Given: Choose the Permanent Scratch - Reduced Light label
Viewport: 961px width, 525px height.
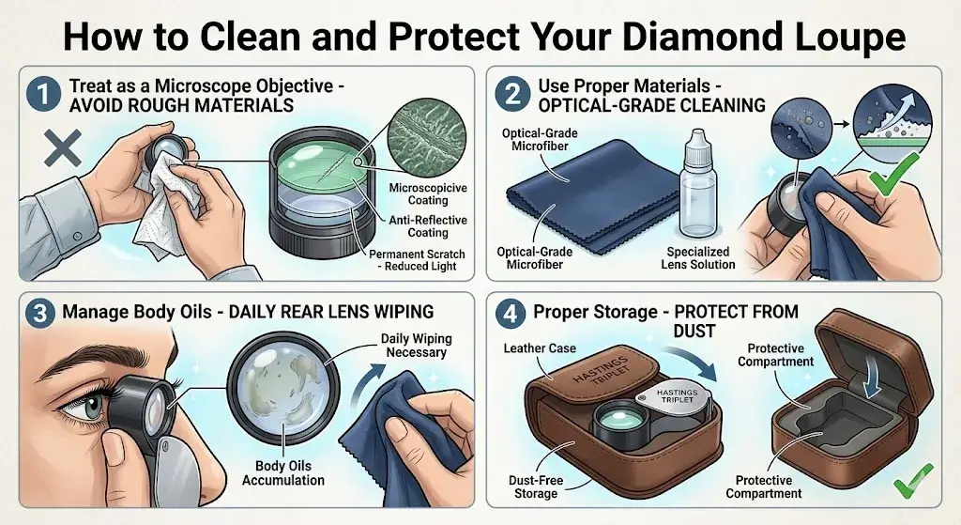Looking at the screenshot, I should point(414,260).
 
